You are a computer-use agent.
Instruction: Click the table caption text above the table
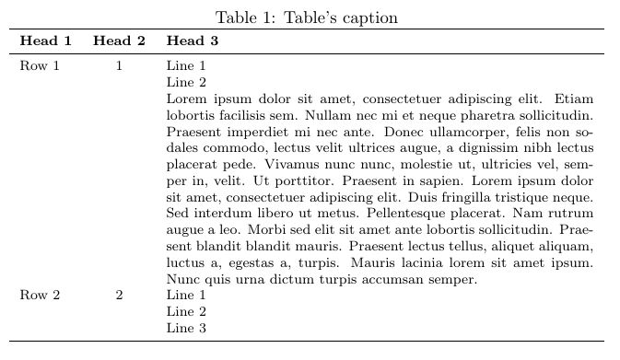tap(307, 17)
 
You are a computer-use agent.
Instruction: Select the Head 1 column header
tap(45, 41)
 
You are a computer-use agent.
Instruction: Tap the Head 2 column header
tap(119, 41)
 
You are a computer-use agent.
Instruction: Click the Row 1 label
tap(40, 66)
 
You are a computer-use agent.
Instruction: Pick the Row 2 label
tap(40, 296)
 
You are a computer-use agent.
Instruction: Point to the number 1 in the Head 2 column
tap(119, 66)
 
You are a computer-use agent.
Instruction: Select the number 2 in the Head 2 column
tap(119, 296)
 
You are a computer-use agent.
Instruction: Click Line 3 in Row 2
tap(186, 329)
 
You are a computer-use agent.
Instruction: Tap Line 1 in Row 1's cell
tap(186, 66)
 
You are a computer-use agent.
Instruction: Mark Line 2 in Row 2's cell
tap(186, 312)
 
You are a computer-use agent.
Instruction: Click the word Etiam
tap(575, 99)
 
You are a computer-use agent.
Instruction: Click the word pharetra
tap(465, 115)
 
